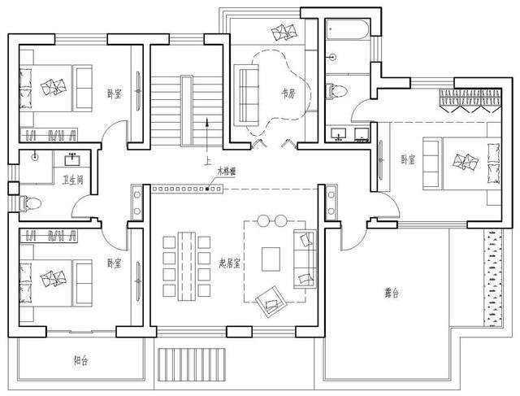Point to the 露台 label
pyautogui.click(x=391, y=294)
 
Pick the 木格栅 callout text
pyautogui.click(x=226, y=172)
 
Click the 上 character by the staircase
pyautogui.click(x=209, y=161)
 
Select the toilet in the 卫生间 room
pyautogui.click(x=29, y=203)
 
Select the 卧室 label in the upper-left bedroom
pyautogui.click(x=114, y=94)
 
